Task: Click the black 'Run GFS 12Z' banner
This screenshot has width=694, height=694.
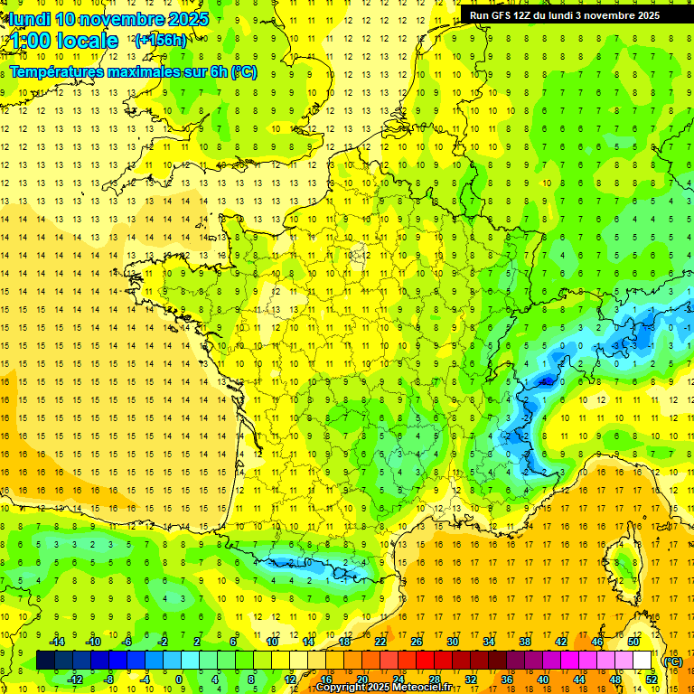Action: pyautogui.click(x=577, y=14)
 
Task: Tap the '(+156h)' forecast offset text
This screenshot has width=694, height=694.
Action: pyautogui.click(x=160, y=41)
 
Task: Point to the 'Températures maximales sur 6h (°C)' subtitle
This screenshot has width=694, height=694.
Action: pyautogui.click(x=133, y=71)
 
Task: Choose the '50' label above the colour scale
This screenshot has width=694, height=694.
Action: pyautogui.click(x=633, y=642)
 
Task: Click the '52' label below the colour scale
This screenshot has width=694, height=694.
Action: pyautogui.click(x=652, y=680)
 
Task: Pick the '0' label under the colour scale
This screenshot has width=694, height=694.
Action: pyautogui.click(x=179, y=680)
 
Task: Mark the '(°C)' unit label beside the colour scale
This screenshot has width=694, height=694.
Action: pyautogui.click(x=671, y=661)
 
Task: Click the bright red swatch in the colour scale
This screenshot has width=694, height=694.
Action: pyautogui.click(x=426, y=661)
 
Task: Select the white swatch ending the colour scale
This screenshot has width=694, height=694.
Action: pyautogui.click(x=642, y=661)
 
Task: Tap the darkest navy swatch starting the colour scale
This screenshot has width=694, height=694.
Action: pyautogui.click(x=46, y=661)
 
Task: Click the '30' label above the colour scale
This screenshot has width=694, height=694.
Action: pyautogui.click(x=453, y=642)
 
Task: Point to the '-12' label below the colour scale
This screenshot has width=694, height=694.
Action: pyautogui.click(x=76, y=680)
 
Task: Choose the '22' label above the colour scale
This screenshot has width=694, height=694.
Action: pyautogui.click(x=380, y=642)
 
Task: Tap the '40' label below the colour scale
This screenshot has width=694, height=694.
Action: pyautogui.click(x=543, y=680)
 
